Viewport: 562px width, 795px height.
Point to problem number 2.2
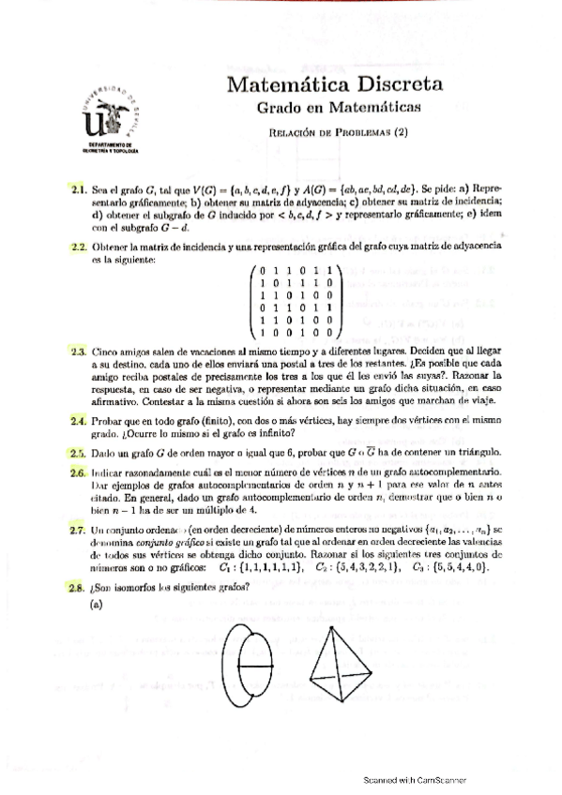pos(78,247)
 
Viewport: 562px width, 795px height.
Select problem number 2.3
pos(78,352)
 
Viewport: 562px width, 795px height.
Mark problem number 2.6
pos(78,474)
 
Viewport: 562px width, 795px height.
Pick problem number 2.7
pos(78,530)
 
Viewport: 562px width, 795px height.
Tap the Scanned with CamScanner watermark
pos(415,779)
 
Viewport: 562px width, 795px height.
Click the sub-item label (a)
pos(96,605)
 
